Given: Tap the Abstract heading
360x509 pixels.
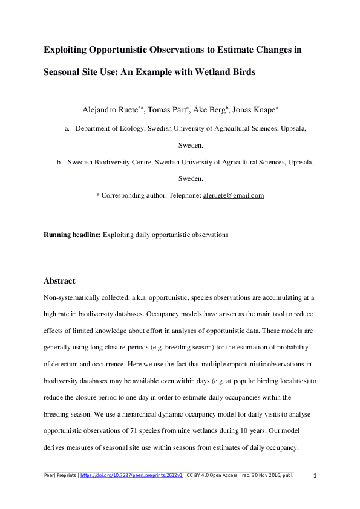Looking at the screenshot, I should [x=59, y=281].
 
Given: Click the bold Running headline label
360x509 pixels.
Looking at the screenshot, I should [x=73, y=235].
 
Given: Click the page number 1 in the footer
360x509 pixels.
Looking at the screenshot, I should [x=315, y=476].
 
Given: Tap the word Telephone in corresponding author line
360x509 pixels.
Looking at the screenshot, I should [x=183, y=196].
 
